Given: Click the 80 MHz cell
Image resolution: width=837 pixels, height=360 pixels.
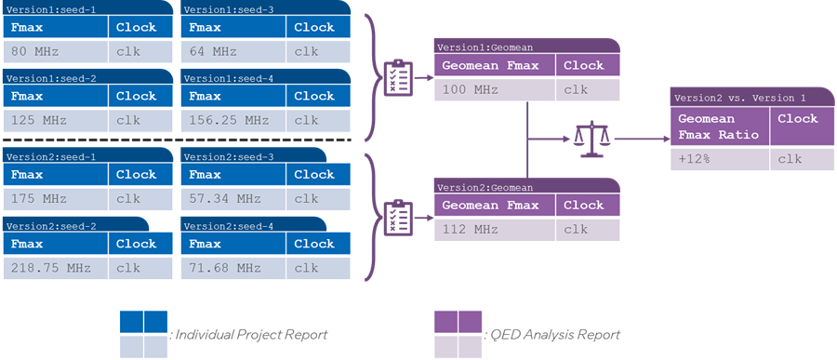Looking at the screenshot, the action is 56,52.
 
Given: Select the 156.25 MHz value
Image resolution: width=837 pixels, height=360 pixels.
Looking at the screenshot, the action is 233,120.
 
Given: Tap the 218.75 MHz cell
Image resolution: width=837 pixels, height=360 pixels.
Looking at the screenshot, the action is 56,268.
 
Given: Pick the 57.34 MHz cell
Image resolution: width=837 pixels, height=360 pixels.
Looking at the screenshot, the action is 233,199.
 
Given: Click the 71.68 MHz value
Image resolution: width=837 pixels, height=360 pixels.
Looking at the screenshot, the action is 233,268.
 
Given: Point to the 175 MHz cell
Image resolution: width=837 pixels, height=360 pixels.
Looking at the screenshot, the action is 56,199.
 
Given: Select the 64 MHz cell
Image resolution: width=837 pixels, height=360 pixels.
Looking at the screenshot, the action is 233,52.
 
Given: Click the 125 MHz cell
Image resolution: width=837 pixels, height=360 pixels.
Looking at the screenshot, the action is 56,120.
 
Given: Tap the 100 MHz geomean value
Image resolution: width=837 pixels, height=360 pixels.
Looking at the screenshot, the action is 495,89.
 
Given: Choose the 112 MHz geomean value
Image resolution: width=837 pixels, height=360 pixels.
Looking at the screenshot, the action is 495,230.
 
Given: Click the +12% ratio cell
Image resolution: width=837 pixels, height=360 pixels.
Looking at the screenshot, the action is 720,159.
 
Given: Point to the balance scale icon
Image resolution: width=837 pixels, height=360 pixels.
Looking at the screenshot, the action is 591,139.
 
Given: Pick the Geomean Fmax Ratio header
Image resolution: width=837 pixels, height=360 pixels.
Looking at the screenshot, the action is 719,127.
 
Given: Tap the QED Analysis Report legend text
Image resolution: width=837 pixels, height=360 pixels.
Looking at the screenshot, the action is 554,335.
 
